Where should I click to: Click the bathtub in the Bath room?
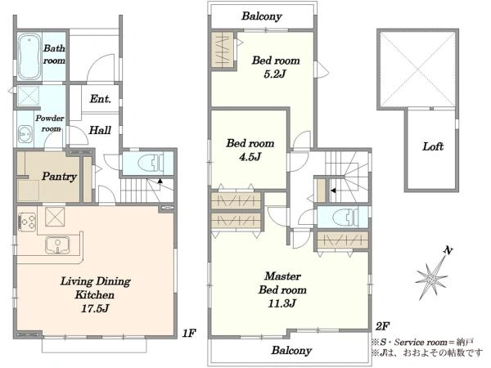pyautogui.click(x=29, y=56)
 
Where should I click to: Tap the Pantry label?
pyautogui.click(x=59, y=177)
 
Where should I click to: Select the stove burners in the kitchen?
pyautogui.click(x=27, y=222)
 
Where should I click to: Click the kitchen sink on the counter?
pyautogui.click(x=57, y=245)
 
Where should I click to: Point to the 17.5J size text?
pyautogui.click(x=95, y=308)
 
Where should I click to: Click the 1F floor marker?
pyautogui.click(x=189, y=334)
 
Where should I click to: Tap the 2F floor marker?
pyautogui.click(x=382, y=326)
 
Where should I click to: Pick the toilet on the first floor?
pyautogui.click(x=151, y=163)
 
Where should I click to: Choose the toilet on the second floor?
pyautogui.click(x=345, y=218)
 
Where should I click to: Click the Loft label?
pyautogui.click(x=433, y=146)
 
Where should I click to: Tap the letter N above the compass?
pyautogui.click(x=448, y=250)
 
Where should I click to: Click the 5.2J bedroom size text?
pyautogui.click(x=275, y=74)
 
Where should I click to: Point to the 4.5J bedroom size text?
pyautogui.click(x=250, y=157)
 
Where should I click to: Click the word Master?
pyautogui.click(x=282, y=276)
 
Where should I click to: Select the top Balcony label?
pyautogui.click(x=262, y=16)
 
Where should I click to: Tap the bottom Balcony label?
pyautogui.click(x=291, y=350)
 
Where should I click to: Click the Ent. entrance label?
pyautogui.click(x=100, y=99)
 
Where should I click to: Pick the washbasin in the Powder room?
pyautogui.click(x=25, y=135)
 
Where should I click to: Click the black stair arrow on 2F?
pyautogui.click(x=333, y=191)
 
